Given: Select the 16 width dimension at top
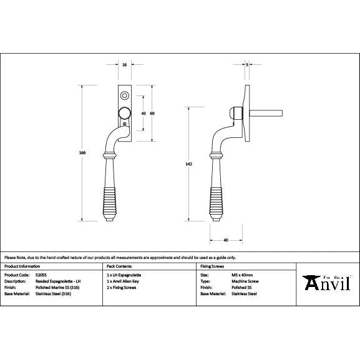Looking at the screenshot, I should click(125, 65).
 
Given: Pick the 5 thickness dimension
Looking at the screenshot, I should click(248, 65).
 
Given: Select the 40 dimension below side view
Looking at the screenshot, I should click(225, 239).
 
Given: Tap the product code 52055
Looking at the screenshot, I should click(42, 275).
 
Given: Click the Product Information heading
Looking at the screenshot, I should click(23, 266).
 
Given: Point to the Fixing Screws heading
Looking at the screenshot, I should click(210, 266).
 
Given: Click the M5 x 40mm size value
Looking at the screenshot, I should click(241, 275).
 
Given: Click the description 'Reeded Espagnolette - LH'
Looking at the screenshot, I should click(60, 281).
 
